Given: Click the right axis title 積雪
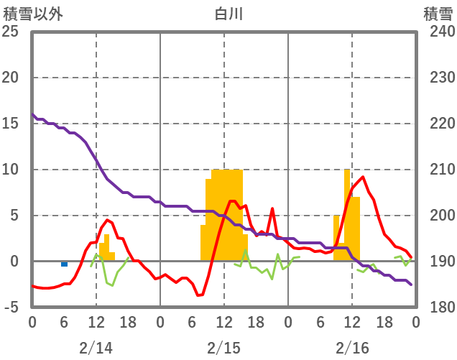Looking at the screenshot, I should coord(438,14).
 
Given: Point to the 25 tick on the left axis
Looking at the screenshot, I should coord(11,32).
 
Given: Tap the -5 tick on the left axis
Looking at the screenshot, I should coord(11,308).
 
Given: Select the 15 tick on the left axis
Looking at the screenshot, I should coord(11,124).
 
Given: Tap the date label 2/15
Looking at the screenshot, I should coord(223,348).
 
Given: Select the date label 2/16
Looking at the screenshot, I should coord(352,348).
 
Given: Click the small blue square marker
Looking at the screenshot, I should coord(65,264).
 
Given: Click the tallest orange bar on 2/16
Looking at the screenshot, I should coord(347,216).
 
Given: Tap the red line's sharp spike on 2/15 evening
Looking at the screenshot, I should coord(272,209).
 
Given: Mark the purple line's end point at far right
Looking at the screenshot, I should coord(411,285).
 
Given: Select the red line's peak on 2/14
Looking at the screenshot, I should coord(107,220).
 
